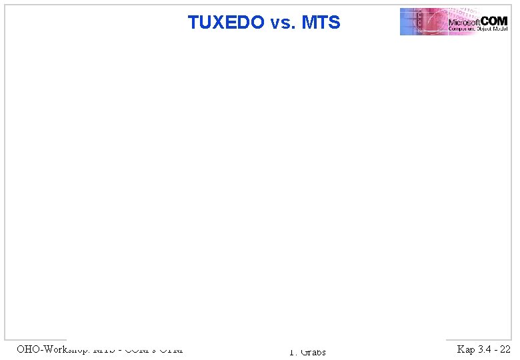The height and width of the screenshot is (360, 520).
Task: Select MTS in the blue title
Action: pos(321,23)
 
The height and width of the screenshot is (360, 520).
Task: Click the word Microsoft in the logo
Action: pos(465,22)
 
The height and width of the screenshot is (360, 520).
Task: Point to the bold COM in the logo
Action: pos(494,21)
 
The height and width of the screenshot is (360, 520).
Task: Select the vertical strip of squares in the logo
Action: pos(419,21)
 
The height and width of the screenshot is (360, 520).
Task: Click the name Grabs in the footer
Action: pos(313,352)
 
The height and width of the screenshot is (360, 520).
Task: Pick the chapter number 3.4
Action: pos(485,349)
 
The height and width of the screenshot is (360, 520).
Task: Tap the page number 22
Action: pos(505,349)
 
